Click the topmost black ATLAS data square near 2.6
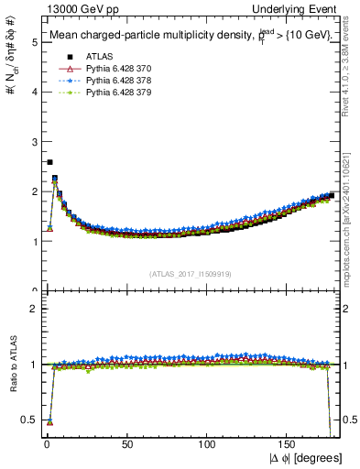click(x=49, y=162)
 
